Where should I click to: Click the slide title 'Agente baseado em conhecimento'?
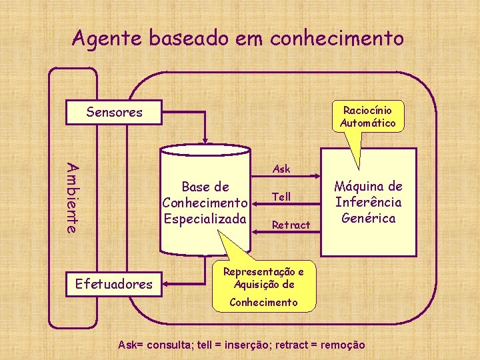[x=238, y=38]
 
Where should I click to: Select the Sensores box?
[x=115, y=112]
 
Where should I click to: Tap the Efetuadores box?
[x=114, y=285]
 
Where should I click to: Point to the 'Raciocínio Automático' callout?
[x=367, y=117]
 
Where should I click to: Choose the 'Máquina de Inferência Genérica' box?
[x=368, y=203]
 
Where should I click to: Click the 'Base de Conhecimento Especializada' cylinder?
[x=205, y=203]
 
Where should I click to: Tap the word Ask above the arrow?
[x=282, y=169]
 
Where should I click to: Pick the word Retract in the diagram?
[x=291, y=225]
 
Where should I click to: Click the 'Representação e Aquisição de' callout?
[x=263, y=278]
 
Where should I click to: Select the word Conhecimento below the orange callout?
[x=263, y=302]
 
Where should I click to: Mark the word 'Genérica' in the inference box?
[x=368, y=218]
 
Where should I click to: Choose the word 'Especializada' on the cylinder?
[x=205, y=218]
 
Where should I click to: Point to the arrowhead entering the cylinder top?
[x=206, y=141]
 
